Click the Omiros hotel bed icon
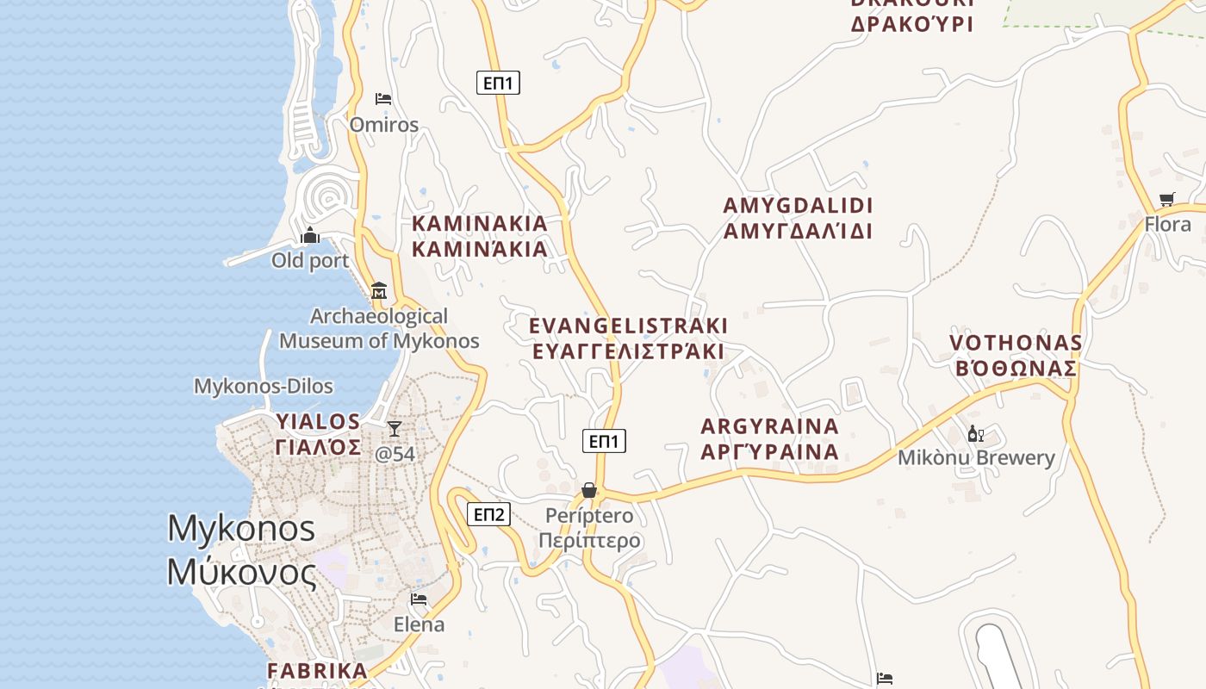[x=383, y=99]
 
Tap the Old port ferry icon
[x=310, y=235]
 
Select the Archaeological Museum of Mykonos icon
[x=379, y=290]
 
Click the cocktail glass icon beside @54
[x=395, y=428]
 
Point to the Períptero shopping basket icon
[x=589, y=490]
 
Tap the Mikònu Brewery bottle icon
[x=975, y=433]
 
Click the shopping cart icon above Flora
[x=1167, y=200]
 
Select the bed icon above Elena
[x=419, y=599]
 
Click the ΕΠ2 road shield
[x=488, y=514]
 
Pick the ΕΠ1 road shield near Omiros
[x=498, y=83]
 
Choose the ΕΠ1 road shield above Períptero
[x=604, y=441]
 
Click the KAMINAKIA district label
[x=480, y=236]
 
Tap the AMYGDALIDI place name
[x=798, y=218]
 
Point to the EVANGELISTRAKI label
[x=628, y=338]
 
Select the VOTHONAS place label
[x=1016, y=355]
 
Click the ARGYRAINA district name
[x=769, y=438]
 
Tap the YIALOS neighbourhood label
[x=318, y=434]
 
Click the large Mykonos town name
[x=242, y=549]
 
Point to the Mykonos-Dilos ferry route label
[x=264, y=386]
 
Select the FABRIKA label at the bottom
[x=317, y=671]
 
